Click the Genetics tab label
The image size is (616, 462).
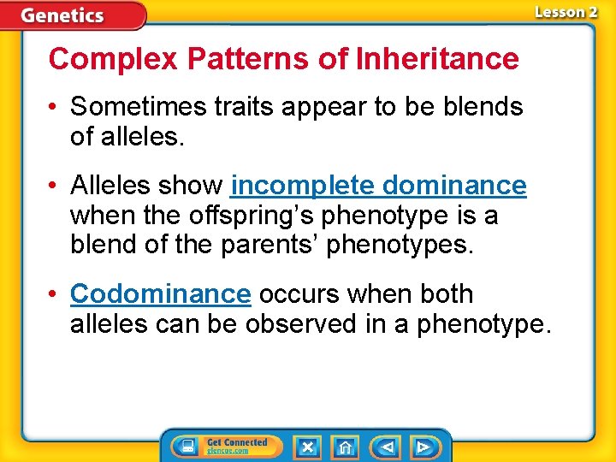(62, 15)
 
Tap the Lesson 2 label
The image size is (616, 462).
(566, 13)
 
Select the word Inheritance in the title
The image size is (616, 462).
(437, 59)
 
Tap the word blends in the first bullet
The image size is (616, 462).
(483, 107)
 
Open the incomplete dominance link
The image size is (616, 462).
(378, 186)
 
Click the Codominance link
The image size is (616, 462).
(160, 293)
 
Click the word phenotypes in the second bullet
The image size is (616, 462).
(399, 246)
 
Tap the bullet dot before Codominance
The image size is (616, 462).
(54, 294)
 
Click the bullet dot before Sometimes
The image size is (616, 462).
(54, 108)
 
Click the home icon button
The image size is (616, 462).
(345, 447)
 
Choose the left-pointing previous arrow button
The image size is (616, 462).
(387, 447)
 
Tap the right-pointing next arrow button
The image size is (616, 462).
(423, 447)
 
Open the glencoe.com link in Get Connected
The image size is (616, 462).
(227, 451)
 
